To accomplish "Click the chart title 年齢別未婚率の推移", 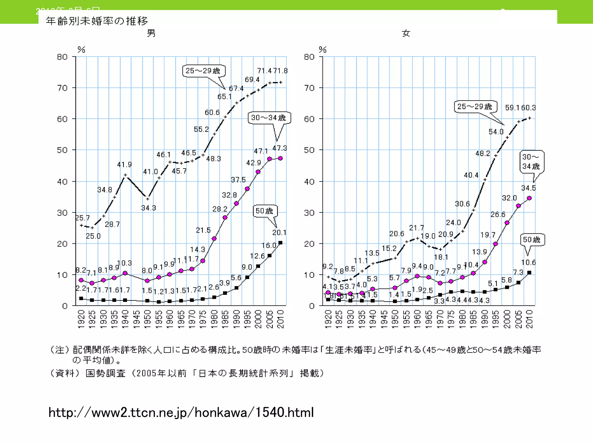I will [97, 21].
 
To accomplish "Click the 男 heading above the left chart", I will [151, 33].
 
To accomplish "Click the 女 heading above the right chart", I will [406, 34].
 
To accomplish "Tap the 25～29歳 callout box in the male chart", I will [203, 71].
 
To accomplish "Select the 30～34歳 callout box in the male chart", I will [269, 118].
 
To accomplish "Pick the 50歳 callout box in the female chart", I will [532, 240].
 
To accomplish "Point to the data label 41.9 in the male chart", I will [125, 165].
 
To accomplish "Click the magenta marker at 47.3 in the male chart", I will [280, 158].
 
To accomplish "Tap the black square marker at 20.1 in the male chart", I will [280, 243].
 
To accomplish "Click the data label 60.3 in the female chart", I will [529, 108].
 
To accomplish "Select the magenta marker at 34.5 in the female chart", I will [529, 198].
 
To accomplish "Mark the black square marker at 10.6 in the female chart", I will [529, 273].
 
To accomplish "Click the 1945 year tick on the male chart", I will [137, 319].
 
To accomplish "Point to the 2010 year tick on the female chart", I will [529, 319].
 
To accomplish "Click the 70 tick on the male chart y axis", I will [63, 88].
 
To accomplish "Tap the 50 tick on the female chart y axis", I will [309, 150].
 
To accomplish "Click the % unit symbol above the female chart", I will [323, 50].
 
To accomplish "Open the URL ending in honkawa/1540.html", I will [181, 412].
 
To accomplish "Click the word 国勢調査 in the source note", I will [106, 373].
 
